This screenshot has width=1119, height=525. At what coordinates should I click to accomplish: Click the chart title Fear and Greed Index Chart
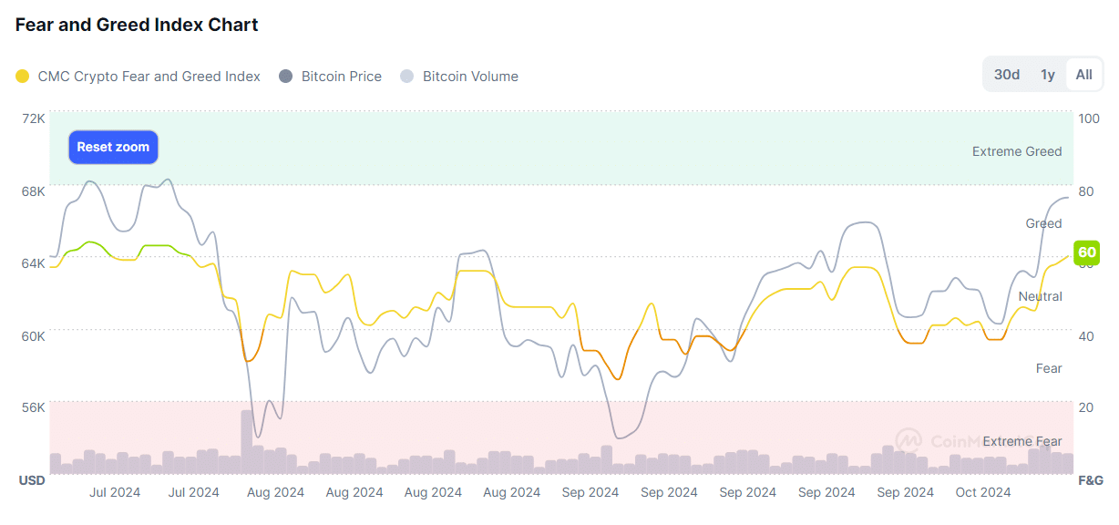(x=137, y=25)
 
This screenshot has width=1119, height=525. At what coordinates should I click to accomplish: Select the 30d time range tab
(x=1006, y=75)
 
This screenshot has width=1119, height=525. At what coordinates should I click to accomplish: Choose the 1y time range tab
(x=1048, y=75)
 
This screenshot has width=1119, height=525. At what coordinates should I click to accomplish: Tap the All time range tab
(x=1083, y=75)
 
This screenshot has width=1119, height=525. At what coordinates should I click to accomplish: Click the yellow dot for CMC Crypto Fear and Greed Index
(x=23, y=77)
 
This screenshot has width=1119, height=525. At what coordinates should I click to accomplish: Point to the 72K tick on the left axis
(x=34, y=118)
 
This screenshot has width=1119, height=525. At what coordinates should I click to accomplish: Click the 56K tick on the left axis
(x=34, y=407)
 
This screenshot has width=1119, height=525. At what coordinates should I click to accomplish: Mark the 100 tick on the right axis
(x=1088, y=118)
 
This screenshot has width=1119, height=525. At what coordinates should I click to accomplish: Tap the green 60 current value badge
(x=1086, y=252)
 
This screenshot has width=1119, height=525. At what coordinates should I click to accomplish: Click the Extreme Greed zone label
(x=1017, y=151)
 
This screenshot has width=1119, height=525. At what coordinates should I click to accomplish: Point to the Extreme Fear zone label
(x=1021, y=441)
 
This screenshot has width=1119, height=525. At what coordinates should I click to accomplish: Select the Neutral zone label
(x=1040, y=296)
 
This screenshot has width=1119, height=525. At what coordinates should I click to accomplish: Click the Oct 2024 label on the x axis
(x=983, y=493)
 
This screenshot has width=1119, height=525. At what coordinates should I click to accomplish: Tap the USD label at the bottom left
(x=32, y=479)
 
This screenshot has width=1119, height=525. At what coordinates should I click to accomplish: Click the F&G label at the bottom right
(x=1091, y=479)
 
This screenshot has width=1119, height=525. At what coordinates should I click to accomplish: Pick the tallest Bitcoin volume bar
(x=247, y=442)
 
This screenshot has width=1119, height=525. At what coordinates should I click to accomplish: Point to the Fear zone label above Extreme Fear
(x=1049, y=368)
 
